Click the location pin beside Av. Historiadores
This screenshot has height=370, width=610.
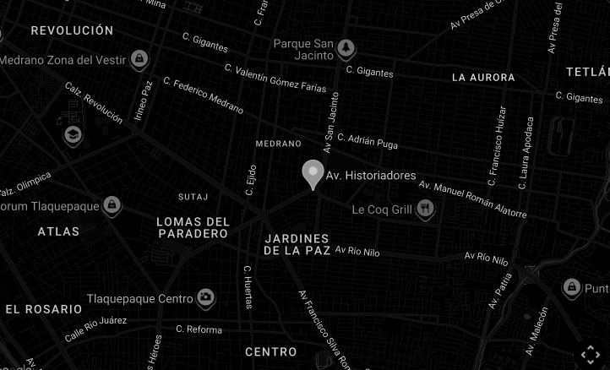pyautogui.click(x=312, y=174)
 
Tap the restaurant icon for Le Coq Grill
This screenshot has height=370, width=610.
pyautogui.click(x=426, y=208)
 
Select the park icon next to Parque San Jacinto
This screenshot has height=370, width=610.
pyautogui.click(x=346, y=47)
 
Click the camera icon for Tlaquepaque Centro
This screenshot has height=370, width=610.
pyautogui.click(x=205, y=297)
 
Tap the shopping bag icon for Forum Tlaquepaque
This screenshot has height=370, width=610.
pyautogui.click(x=112, y=205)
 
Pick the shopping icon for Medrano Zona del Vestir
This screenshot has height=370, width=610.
pyautogui.click(x=139, y=58)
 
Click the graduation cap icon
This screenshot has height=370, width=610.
pyautogui.click(x=73, y=133)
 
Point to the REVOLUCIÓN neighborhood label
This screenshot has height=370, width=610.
pyautogui.click(x=72, y=30)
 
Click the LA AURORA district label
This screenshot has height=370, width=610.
pyautogui.click(x=483, y=78)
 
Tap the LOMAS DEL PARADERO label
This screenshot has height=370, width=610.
pyautogui.click(x=193, y=227)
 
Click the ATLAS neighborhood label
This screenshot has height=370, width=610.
pyautogui.click(x=58, y=231)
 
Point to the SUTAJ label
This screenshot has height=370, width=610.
pyautogui.click(x=193, y=197)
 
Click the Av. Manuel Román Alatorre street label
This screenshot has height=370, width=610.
pyautogui.click(x=472, y=199)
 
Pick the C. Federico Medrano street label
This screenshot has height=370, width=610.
pyautogui.click(x=203, y=96)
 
